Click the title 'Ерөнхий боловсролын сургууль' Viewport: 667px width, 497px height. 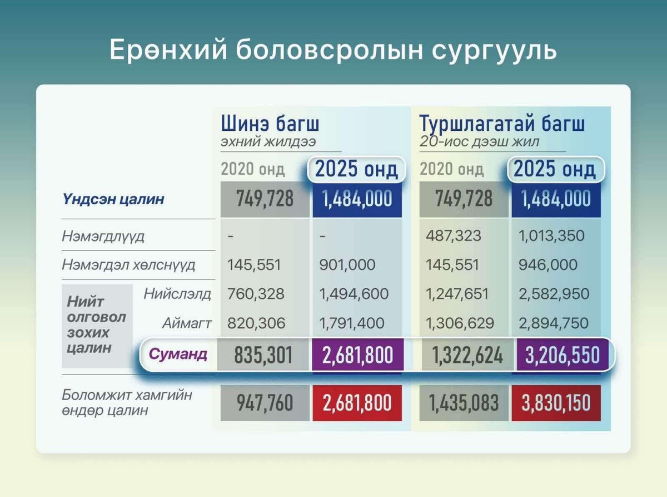(x=333, y=50)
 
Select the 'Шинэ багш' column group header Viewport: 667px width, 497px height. (x=270, y=123)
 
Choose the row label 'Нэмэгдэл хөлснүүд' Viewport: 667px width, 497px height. (x=128, y=265)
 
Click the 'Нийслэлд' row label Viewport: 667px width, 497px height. (x=177, y=293)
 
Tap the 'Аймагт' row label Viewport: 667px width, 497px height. (x=187, y=322)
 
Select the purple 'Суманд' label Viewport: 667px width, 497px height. (x=178, y=354)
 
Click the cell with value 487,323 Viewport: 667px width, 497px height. (x=454, y=236)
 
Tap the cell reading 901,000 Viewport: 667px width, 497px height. (x=347, y=265)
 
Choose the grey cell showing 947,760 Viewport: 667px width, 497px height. (x=264, y=403)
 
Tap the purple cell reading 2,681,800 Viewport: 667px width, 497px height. (x=357, y=355)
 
